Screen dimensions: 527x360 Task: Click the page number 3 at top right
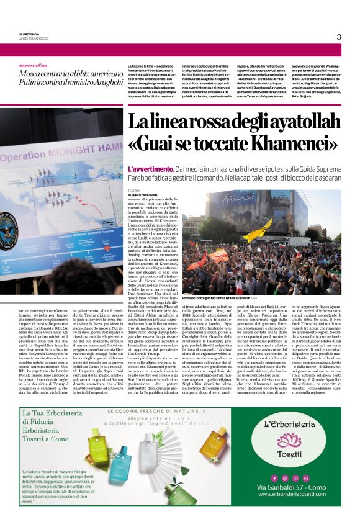339,37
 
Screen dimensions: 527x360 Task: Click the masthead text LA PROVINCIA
29,34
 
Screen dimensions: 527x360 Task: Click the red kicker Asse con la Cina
33,65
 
